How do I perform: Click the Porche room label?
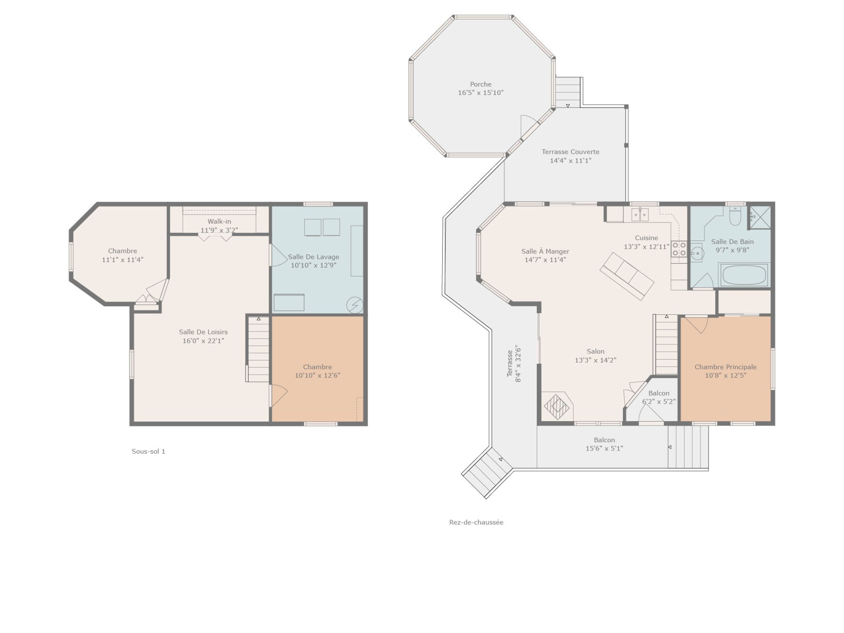480,84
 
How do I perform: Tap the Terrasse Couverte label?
570,152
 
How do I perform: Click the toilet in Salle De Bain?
735,216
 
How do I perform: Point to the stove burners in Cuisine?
679,249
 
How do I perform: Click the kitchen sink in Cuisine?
640,215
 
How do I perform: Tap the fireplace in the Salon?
557,407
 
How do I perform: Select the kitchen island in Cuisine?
627,276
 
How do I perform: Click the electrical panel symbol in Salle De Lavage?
355,305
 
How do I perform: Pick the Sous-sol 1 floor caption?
149,451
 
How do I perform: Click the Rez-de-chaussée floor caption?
476,522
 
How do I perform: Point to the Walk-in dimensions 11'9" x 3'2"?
219,230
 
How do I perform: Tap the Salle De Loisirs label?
203,332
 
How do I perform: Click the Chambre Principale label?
725,367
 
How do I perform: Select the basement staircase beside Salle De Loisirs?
258,349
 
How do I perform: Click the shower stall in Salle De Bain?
760,217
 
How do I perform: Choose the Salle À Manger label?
545,251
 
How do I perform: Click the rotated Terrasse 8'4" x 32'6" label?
514,364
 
